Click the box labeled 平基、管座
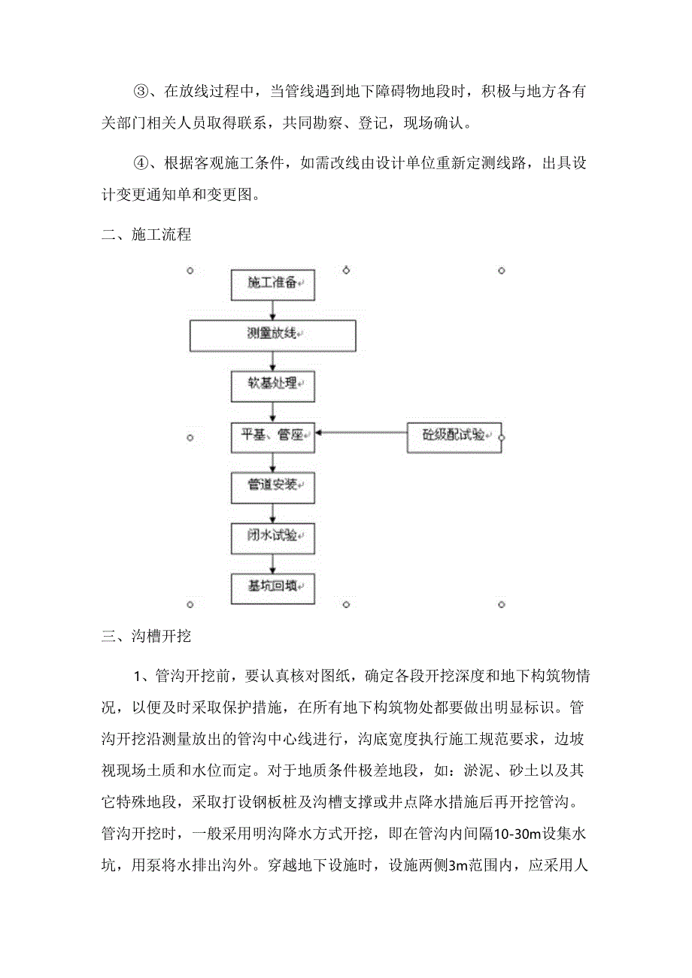[x=272, y=435]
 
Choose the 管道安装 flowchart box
[x=272, y=486]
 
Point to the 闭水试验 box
[x=272, y=537]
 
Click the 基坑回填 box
[x=272, y=587]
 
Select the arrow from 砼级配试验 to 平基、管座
[x=361, y=433]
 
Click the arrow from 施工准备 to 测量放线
[x=272, y=309]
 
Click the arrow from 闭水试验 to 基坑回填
[x=272, y=563]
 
